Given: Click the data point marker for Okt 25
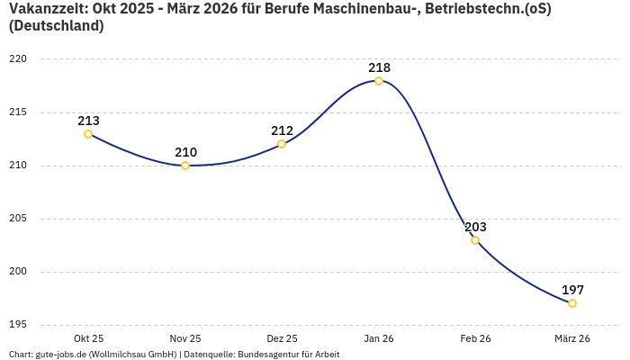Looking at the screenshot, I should [x=88, y=134].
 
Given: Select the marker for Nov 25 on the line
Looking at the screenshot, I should [x=185, y=166].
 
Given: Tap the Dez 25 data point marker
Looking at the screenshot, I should [x=282, y=144].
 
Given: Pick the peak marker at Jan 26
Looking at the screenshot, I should [x=379, y=81].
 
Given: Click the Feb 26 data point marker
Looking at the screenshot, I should [x=475, y=240].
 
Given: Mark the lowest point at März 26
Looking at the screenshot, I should [x=572, y=303].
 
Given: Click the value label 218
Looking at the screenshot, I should [x=379, y=67].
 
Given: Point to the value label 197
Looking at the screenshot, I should [x=572, y=290].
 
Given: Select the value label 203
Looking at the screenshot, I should [x=475, y=227].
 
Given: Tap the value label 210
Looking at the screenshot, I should [x=185, y=152].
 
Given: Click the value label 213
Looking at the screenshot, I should [x=88, y=121].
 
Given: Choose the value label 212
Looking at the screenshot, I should [x=282, y=130].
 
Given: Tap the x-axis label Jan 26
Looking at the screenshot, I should [x=379, y=338].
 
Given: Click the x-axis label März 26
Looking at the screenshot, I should [x=572, y=338].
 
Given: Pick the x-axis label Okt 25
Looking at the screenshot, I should [x=88, y=338].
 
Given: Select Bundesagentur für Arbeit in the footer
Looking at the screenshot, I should [x=288, y=355].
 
